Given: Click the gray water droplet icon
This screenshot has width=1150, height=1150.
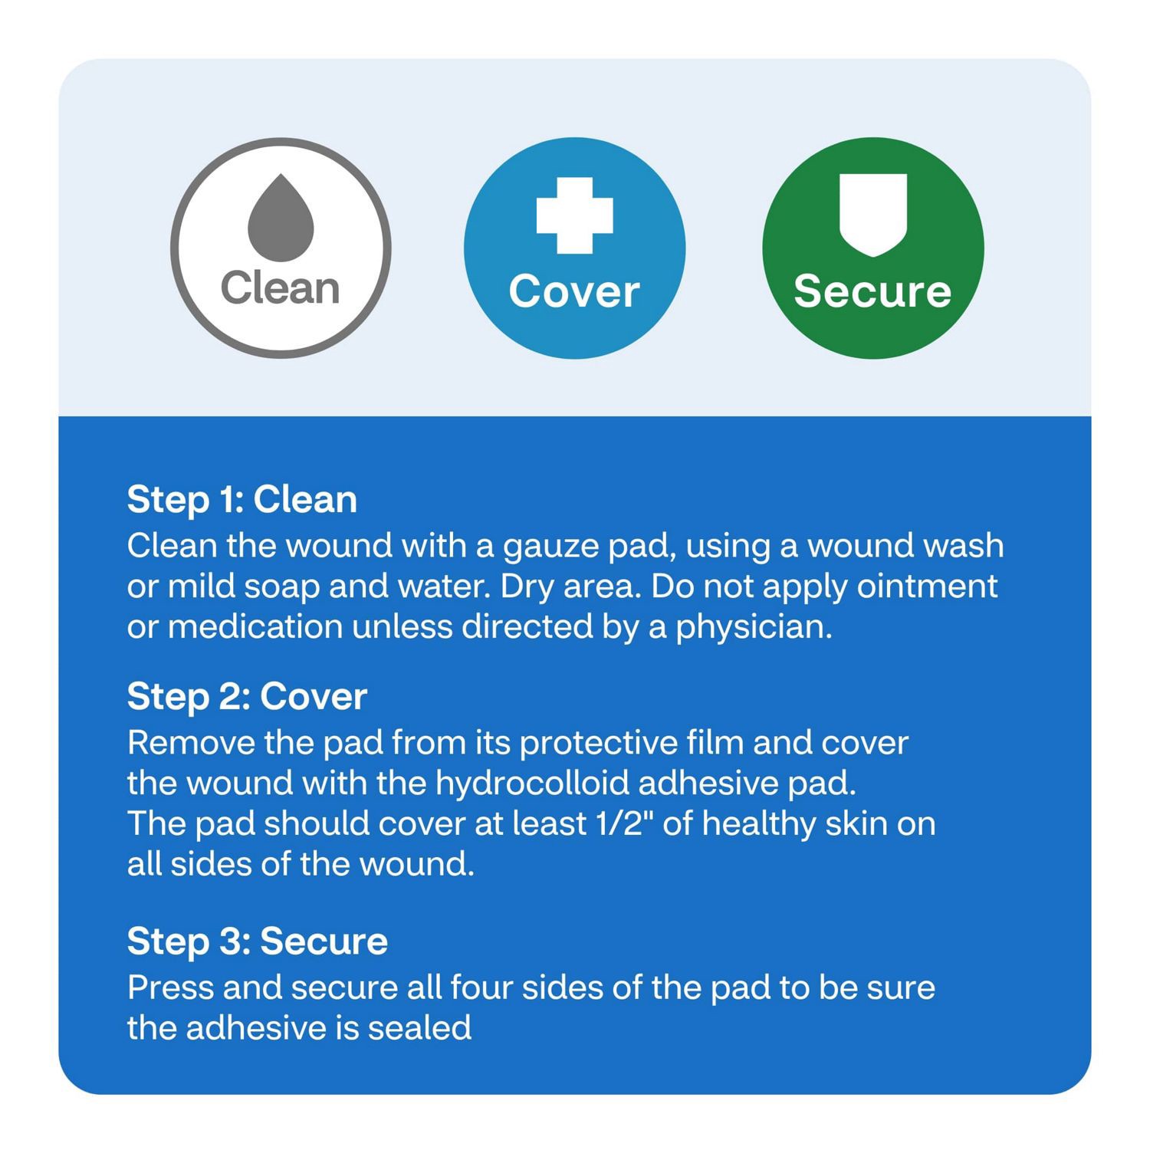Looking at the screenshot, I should click(281, 218).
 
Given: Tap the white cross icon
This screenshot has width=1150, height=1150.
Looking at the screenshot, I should click(574, 215).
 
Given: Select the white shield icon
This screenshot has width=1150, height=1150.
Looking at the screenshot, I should click(873, 214).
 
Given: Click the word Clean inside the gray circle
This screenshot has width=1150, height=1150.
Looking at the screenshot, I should click(280, 288).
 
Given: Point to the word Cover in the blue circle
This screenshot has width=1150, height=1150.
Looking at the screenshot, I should click(574, 291).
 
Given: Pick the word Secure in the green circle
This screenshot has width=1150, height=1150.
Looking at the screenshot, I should click(872, 291).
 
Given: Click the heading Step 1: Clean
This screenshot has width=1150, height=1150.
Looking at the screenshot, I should click(242, 500).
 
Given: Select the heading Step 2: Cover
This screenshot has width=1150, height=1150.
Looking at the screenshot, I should click(247, 697).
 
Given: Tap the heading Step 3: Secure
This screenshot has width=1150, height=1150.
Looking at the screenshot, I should click(258, 941).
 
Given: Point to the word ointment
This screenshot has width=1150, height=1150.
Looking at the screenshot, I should click(927, 586).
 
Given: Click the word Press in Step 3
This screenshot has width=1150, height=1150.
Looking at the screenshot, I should click(170, 987).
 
